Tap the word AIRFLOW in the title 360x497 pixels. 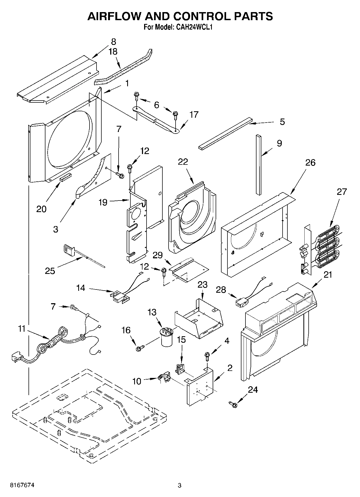[x=113, y=16]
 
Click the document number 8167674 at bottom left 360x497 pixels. [x=22, y=485]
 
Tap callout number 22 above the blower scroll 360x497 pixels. [x=183, y=162]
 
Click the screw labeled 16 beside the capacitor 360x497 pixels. [x=139, y=349]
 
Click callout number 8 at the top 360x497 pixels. [x=113, y=42]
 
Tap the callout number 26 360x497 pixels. [x=310, y=163]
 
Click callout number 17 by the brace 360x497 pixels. [x=194, y=115]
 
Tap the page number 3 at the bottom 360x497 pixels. [x=180, y=485]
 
